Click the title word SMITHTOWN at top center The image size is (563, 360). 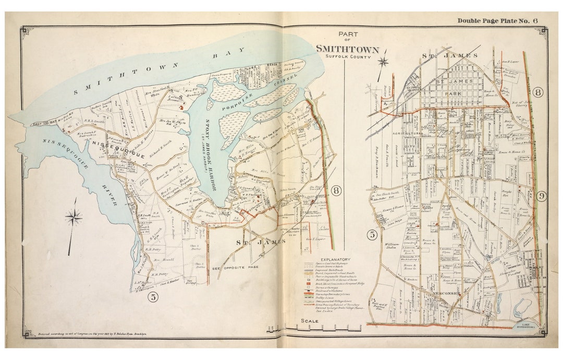point(344,49)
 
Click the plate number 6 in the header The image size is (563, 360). point(535,21)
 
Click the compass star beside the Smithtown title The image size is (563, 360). point(384,61)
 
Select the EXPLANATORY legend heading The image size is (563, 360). point(336,259)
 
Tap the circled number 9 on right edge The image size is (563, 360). point(542,196)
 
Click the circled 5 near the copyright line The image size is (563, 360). point(153,298)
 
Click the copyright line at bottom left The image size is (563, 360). point(92,332)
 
